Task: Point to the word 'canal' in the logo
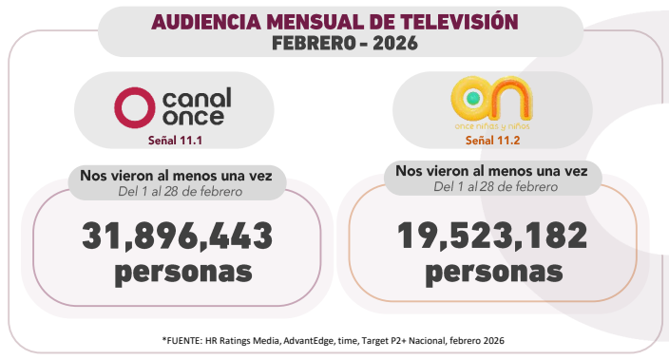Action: pyautogui.click(x=197, y=97)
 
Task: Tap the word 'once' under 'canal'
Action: pyautogui.click(x=193, y=117)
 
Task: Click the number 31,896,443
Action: pyautogui.click(x=177, y=234)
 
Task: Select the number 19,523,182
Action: pyautogui.click(x=493, y=234)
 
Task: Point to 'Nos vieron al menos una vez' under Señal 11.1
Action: pyautogui.click(x=176, y=178)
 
